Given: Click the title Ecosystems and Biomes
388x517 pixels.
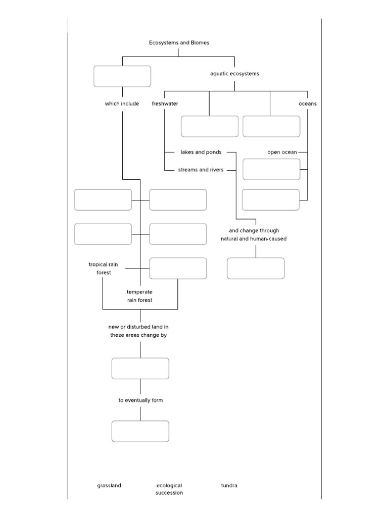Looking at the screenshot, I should tap(179, 43).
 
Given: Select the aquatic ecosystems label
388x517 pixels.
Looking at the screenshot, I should tap(234, 74).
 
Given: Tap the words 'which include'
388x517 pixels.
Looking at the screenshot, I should tap(122, 104).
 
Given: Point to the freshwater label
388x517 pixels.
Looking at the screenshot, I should tap(165, 104).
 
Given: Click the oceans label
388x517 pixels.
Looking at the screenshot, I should tap(308, 104).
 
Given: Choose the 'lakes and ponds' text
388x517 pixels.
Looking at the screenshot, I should tap(201, 152).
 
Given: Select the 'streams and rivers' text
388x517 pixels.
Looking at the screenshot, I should tap(201, 170).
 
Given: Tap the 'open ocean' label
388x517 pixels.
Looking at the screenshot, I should tap(282, 152).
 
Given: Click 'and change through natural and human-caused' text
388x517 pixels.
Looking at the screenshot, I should tap(254, 235).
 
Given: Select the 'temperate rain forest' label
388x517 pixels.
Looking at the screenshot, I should tap(139, 296).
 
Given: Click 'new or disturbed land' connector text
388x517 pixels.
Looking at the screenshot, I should tap(138, 331).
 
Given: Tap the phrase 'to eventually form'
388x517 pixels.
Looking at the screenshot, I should tap(140, 400).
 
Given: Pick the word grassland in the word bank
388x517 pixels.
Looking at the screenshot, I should tap(109, 486).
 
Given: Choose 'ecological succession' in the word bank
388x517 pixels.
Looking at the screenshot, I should tap(169, 489).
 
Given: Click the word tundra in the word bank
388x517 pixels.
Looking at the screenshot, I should tap(229, 486).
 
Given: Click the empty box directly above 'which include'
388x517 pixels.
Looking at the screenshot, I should tap(122, 76).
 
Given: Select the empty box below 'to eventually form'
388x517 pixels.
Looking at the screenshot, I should tap(140, 431).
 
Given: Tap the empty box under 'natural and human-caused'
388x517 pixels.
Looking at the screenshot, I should tap(256, 268).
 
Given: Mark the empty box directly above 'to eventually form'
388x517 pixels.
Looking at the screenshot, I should tap(140, 369).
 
